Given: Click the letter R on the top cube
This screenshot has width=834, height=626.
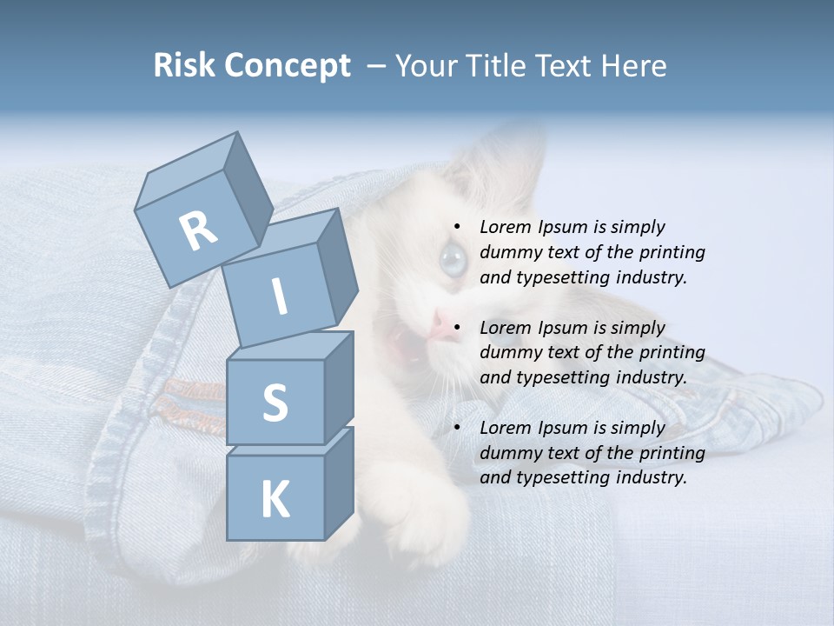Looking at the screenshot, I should [198, 231].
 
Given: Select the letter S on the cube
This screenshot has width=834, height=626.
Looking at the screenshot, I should [275, 403].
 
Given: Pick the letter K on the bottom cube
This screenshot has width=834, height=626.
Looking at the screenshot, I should [275, 500].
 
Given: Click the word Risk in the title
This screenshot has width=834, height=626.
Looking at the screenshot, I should [183, 65].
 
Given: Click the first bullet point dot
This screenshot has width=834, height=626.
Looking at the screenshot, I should [456, 227].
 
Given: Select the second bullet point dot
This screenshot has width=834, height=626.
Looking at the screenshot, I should [456, 328].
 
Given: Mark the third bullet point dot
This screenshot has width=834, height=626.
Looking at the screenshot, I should [456, 428].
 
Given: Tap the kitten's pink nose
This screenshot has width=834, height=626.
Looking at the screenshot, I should [443, 326].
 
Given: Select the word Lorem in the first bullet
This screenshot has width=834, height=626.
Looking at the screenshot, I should [505, 227].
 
